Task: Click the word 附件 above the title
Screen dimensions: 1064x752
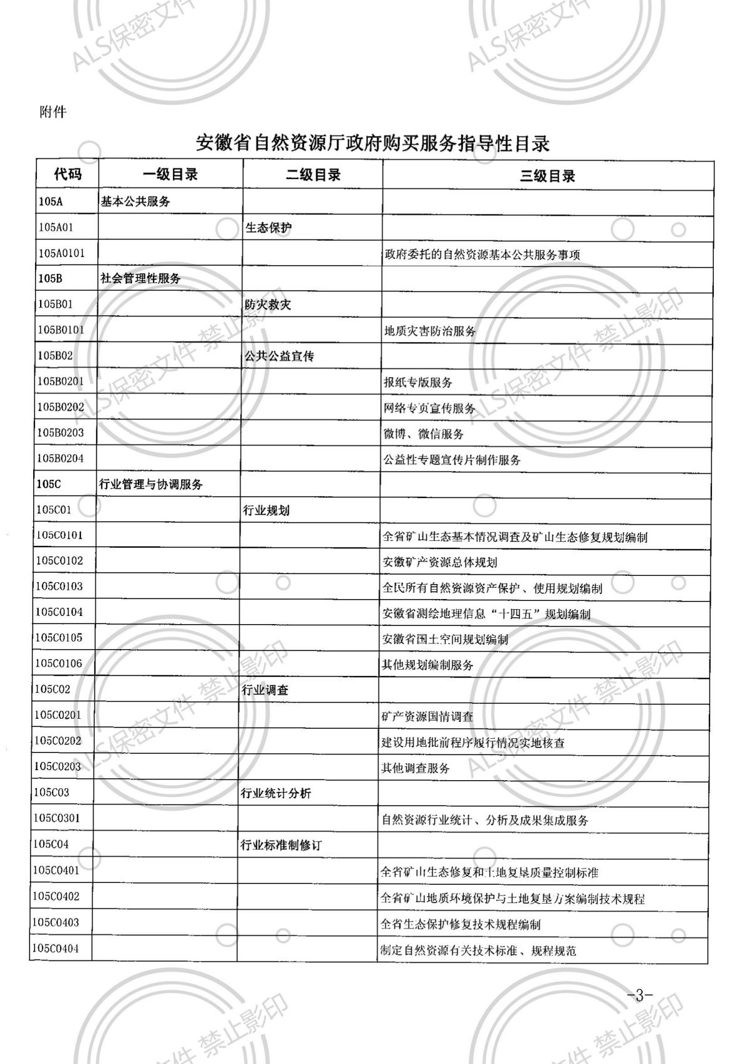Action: pyautogui.click(x=52, y=112)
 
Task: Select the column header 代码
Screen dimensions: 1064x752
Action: pyautogui.click(x=68, y=175)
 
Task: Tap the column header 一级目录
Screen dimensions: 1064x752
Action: pyautogui.click(x=170, y=175)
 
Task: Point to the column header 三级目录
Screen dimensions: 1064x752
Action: pyautogui.click(x=547, y=176)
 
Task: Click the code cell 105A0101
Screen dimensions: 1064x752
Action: pyautogui.click(x=61, y=253)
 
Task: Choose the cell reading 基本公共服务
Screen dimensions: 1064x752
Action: pyautogui.click(x=135, y=202)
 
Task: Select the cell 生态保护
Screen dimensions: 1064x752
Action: pyautogui.click(x=269, y=228)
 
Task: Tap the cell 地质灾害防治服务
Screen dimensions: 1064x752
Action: pyautogui.click(x=430, y=331)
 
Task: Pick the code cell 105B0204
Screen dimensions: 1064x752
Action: pyautogui.click(x=60, y=458)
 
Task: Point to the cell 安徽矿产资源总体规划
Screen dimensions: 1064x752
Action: pyautogui.click(x=439, y=562)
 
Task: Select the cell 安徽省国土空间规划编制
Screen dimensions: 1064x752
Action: pyautogui.click(x=445, y=639)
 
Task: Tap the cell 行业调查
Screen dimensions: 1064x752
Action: pyautogui.click(x=265, y=690)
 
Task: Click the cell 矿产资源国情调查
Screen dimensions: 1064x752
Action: pyautogui.click(x=427, y=716)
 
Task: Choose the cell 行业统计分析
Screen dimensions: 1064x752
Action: pyautogui.click(x=276, y=793)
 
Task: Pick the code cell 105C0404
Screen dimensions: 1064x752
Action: pyautogui.click(x=56, y=948)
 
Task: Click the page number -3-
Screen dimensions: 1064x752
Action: pyautogui.click(x=639, y=995)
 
